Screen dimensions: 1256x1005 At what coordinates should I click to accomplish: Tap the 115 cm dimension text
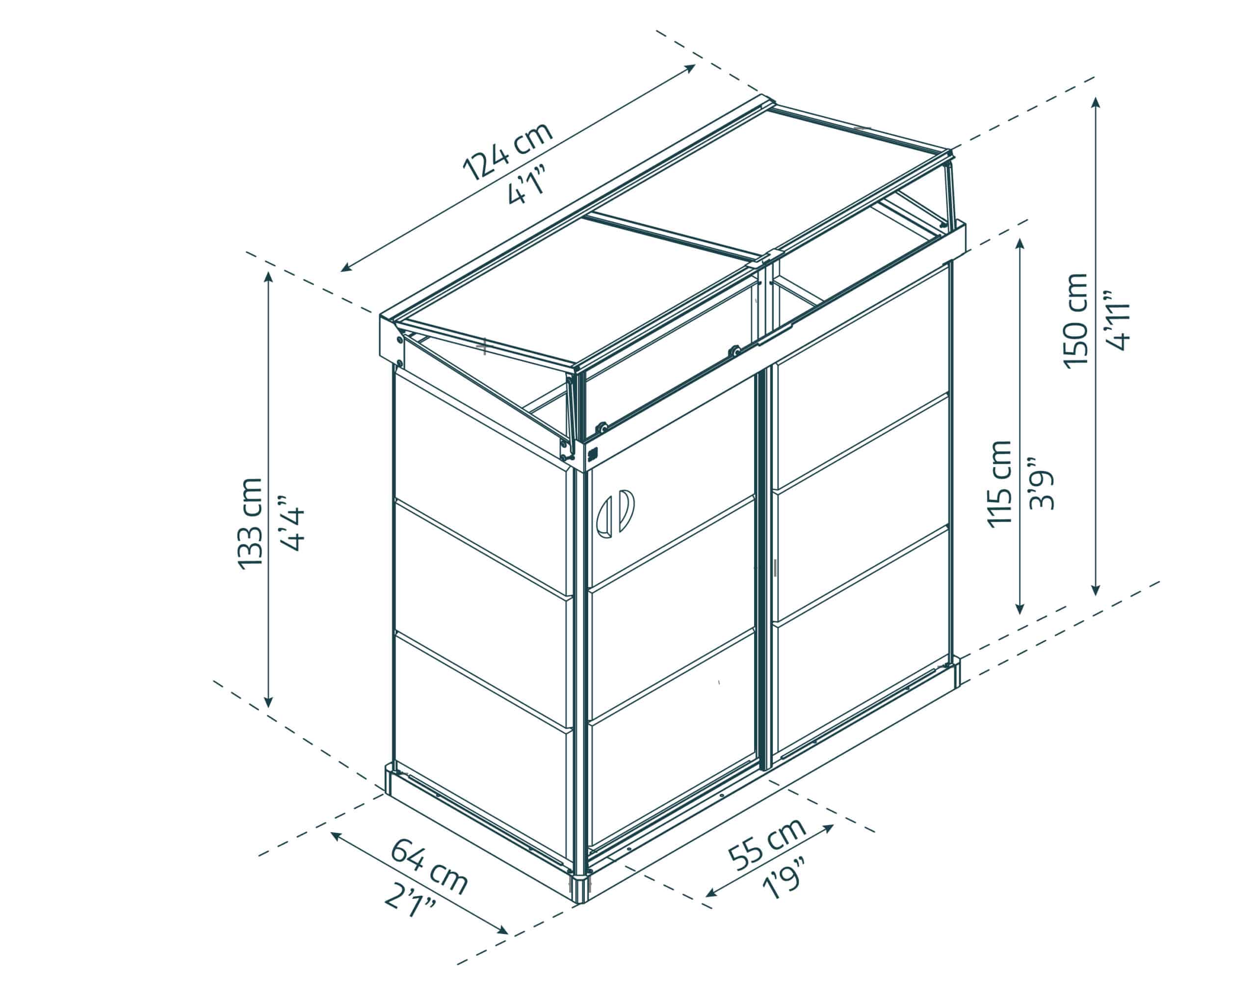click(x=1000, y=483)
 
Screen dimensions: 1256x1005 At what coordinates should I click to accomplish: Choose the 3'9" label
click(x=1041, y=483)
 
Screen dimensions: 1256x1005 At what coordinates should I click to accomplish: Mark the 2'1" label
click(x=411, y=902)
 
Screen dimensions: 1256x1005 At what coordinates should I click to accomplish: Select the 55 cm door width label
click(x=767, y=843)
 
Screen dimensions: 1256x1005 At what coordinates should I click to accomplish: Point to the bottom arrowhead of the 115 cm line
click(x=1020, y=608)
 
